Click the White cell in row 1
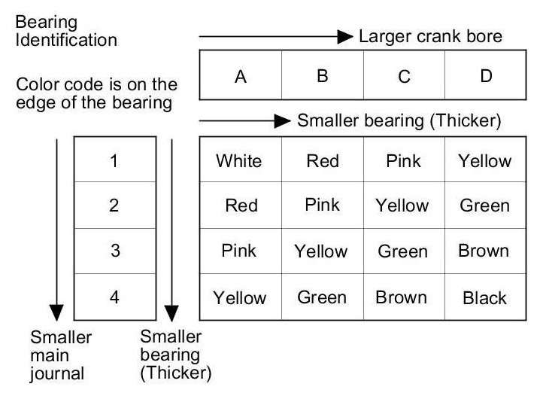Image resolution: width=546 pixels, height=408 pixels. pos(239,160)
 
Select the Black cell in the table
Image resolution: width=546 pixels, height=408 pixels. pos(484,298)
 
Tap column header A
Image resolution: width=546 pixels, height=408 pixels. pos(241,76)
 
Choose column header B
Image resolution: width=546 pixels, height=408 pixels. pos(322,76)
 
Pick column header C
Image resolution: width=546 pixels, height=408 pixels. pos(404,76)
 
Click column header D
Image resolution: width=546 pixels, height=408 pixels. pos(486,76)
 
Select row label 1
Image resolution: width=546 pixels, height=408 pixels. pos(114,160)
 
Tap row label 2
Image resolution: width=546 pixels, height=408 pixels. pos(114,206)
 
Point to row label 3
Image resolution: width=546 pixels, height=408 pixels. pos(114,251)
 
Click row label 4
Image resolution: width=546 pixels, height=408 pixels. pos(114,297)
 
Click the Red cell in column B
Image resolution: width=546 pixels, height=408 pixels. pos(323,160)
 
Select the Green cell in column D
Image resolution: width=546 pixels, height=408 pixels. pos(484,206)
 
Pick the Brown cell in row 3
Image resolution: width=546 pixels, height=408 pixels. pos(484,251)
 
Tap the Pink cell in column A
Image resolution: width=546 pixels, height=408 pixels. pos(239,251)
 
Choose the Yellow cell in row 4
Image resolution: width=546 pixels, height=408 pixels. pos(239,298)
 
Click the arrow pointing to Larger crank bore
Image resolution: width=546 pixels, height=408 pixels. pos(275,36)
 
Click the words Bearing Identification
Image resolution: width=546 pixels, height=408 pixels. pos(66,30)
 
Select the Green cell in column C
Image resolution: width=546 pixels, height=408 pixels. pos(403,251)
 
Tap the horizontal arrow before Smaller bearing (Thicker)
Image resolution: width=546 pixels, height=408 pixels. pos(244,120)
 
